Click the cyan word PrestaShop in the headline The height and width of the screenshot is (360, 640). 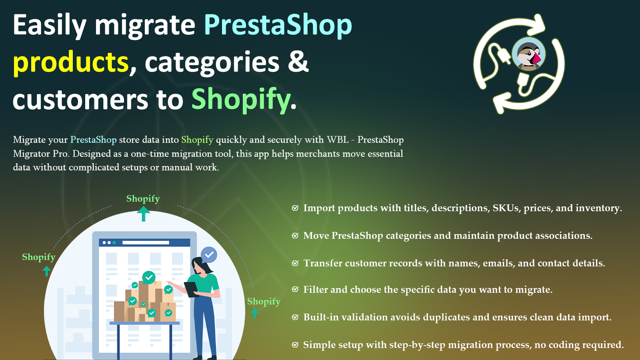[278, 26]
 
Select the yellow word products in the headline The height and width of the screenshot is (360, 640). [70, 63]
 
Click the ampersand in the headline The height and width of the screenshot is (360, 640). [298, 61]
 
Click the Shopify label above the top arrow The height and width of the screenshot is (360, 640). [143, 198]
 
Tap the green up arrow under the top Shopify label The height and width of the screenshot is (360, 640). [144, 214]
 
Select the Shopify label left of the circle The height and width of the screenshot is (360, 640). [38, 257]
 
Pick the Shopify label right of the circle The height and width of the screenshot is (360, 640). [264, 302]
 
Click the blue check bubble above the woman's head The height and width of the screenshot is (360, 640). [209, 254]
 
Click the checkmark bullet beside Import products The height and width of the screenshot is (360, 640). [295, 208]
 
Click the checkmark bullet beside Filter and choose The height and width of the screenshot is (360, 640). [295, 290]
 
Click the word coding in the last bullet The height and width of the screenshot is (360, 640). [556, 345]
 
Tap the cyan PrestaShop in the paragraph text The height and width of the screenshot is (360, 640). [94, 140]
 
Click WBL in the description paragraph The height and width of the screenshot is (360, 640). [338, 140]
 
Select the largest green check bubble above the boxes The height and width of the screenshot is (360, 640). [149, 278]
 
